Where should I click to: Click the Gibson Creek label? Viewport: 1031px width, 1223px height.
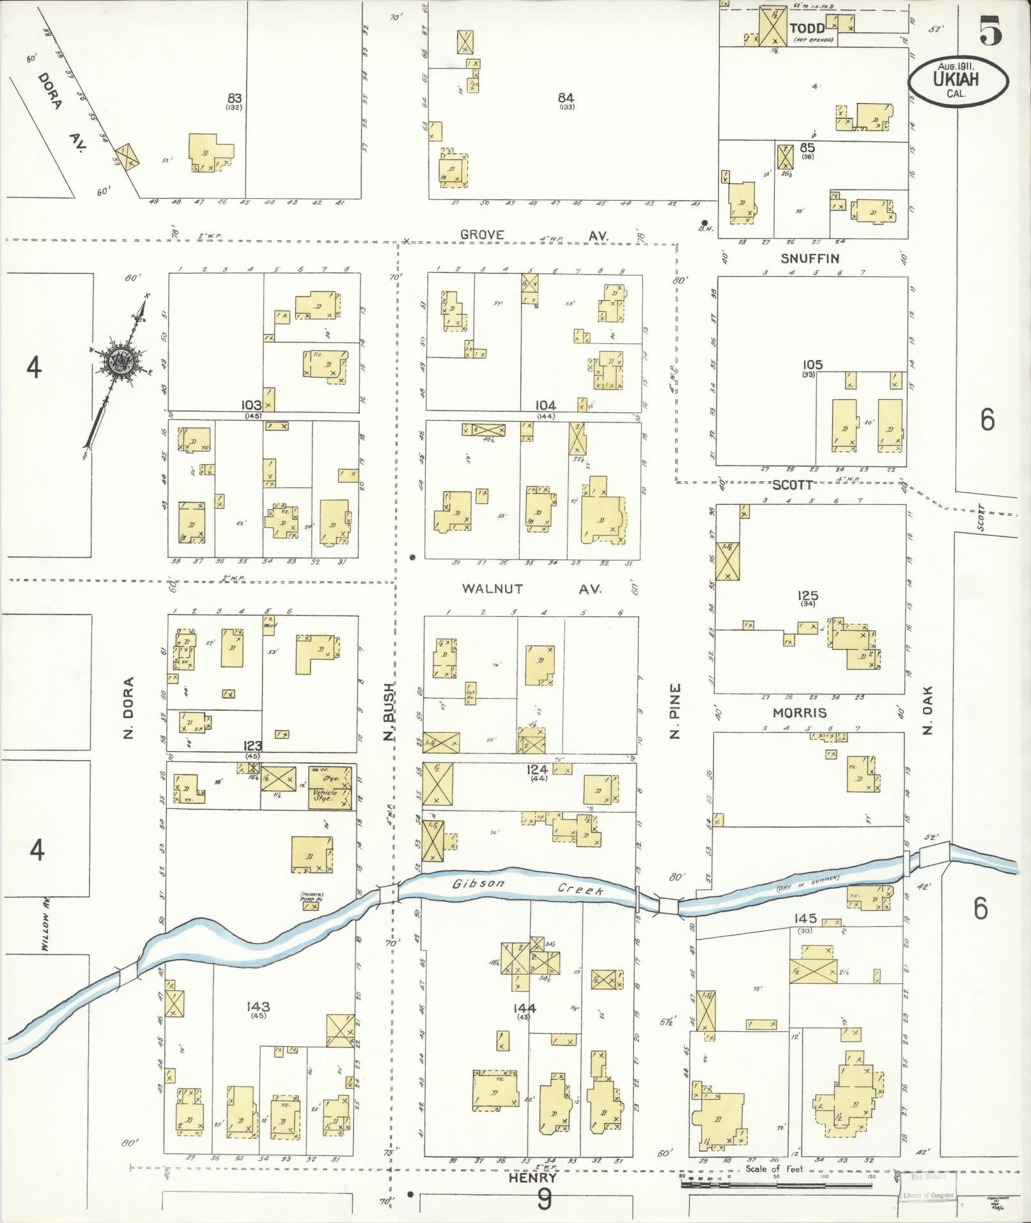527,887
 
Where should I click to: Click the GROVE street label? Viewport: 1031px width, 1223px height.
482,235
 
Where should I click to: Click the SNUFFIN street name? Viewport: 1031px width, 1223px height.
810,258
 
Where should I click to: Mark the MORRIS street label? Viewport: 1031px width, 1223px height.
800,713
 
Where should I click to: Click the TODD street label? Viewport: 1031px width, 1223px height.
807,28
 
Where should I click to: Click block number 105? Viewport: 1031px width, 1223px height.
812,365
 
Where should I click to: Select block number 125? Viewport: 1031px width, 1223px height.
808,596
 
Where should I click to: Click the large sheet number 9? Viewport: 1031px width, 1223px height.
544,1199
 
